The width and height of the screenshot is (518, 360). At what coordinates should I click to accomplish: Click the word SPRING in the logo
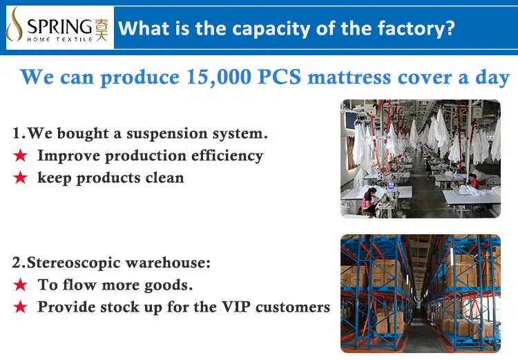pyautogui.click(x=59, y=26)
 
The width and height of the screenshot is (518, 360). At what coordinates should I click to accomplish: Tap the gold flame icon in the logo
pyautogui.click(x=15, y=25)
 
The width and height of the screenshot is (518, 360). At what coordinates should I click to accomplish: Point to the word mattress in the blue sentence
pyautogui.click(x=350, y=78)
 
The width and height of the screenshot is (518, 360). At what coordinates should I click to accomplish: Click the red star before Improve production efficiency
pyautogui.click(x=21, y=155)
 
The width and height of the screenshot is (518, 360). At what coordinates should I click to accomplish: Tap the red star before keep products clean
pyautogui.click(x=21, y=178)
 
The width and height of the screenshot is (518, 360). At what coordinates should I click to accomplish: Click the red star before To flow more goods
pyautogui.click(x=21, y=285)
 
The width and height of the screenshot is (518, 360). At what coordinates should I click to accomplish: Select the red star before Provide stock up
pyautogui.click(x=21, y=307)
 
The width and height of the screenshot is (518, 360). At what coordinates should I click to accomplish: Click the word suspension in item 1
pyautogui.click(x=167, y=134)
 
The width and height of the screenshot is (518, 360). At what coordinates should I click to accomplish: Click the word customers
pyautogui.click(x=293, y=307)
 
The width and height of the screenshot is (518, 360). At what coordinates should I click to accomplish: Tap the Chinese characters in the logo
pyautogui.click(x=102, y=30)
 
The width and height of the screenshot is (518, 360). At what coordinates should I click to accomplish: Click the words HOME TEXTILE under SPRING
pyautogui.click(x=59, y=39)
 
